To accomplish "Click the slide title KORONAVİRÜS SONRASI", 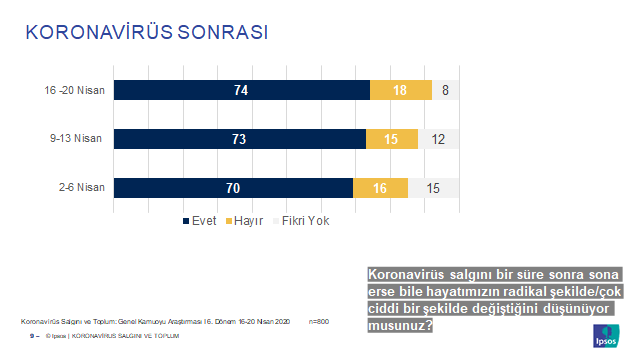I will (x=146, y=32).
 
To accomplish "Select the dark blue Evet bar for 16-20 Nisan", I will (x=241, y=90).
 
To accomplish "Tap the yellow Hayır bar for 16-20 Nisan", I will (x=400, y=90).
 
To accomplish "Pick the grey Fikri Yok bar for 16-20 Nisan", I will (x=445, y=90).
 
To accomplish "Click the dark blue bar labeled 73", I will (x=239, y=139).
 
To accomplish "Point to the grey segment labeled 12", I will (x=438, y=139).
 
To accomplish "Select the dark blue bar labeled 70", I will (x=234, y=187).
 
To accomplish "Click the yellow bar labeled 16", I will (x=381, y=187).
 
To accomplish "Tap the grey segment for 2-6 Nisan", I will (x=433, y=187).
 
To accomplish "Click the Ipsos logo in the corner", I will (x=607, y=333).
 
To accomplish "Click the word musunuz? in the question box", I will (x=400, y=325).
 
